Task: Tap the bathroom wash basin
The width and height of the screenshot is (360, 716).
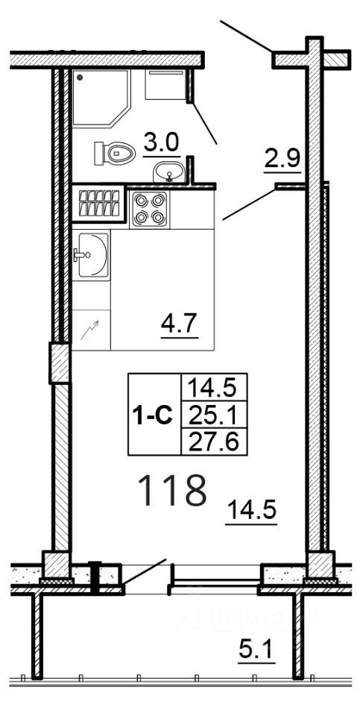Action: (171, 172)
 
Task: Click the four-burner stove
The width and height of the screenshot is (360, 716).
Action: (149, 209)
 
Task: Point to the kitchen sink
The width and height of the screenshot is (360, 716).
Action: (91, 255)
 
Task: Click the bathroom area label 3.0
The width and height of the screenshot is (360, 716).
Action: (161, 142)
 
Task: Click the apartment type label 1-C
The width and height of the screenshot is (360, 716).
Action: (154, 415)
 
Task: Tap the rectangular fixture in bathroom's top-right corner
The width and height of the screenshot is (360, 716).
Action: (165, 85)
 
